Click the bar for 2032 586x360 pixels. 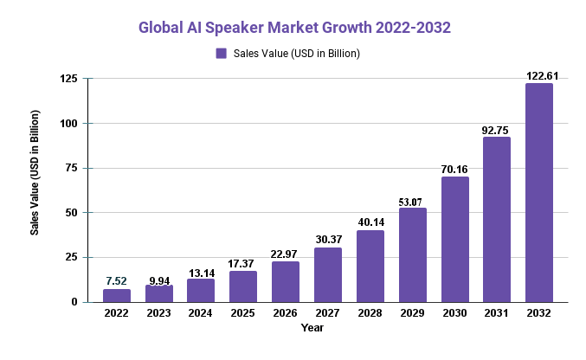[538, 192]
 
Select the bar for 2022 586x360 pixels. [116, 295]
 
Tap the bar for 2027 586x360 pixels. [327, 274]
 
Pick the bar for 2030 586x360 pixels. [454, 239]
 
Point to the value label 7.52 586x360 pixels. [116, 281]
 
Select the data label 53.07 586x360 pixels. [412, 202]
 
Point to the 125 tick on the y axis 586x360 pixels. [68, 79]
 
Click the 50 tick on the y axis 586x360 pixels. [72, 212]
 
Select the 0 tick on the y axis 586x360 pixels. [74, 301]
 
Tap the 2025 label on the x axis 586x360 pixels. [243, 314]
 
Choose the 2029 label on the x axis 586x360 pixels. [412, 314]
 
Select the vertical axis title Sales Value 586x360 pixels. [35, 173]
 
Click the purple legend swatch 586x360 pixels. [221, 53]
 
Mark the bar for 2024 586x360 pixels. [201, 290]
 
